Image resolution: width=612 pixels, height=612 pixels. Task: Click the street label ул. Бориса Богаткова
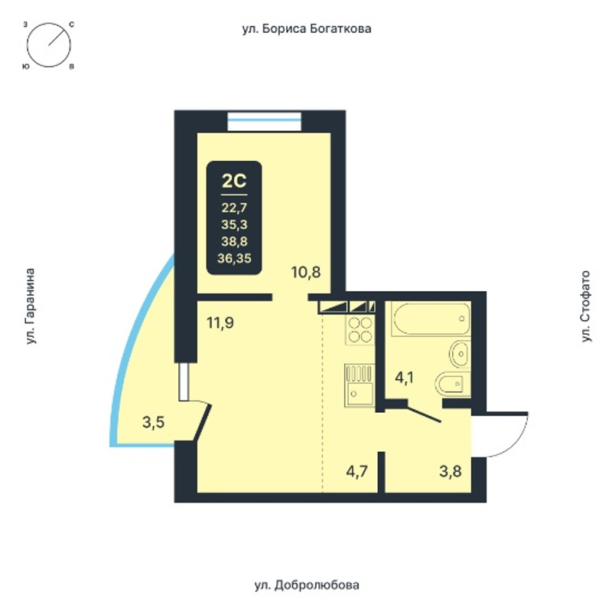[307, 29]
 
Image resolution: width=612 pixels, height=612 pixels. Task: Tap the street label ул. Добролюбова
[307, 585]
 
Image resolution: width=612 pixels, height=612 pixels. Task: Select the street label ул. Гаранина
[31, 307]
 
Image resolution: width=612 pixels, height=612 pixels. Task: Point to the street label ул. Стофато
[585, 307]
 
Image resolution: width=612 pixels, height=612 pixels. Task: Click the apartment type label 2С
[234, 181]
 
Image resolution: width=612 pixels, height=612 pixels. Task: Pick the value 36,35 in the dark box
[234, 258]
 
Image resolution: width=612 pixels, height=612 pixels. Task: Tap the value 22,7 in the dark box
[234, 208]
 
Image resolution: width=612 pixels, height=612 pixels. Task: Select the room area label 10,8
[306, 272]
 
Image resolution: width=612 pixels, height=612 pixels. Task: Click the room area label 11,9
[220, 323]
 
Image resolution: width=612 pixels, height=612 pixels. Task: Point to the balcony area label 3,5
[154, 422]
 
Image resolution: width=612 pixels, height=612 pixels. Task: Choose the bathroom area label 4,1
[404, 378]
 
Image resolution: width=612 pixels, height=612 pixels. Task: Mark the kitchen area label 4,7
[357, 471]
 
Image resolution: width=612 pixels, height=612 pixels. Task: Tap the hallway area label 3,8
[451, 471]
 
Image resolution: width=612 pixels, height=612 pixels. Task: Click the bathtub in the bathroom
[431, 318]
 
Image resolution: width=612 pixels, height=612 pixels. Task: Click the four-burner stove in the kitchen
[360, 330]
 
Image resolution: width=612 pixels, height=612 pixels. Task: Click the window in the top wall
[265, 121]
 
